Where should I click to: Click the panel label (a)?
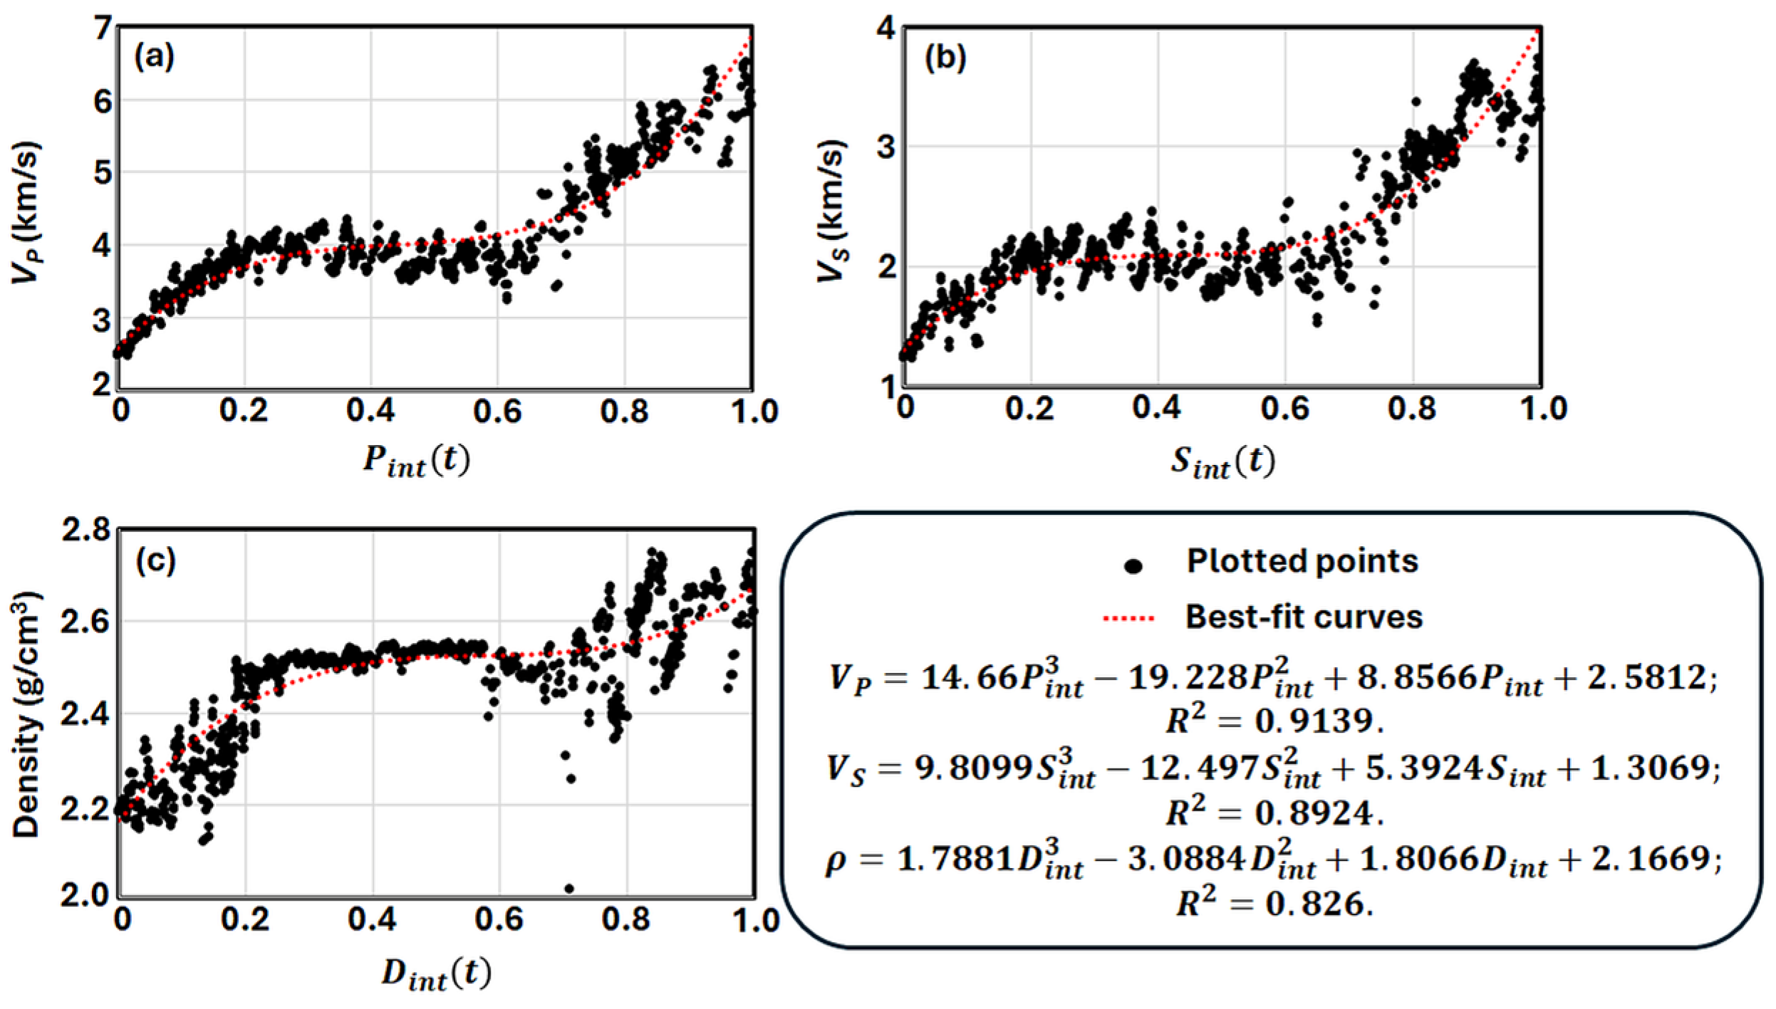[155, 56]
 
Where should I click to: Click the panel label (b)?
[945, 57]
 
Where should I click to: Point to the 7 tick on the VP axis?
[103, 28]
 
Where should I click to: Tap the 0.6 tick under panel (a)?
[497, 412]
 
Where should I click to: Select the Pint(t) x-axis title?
[417, 461]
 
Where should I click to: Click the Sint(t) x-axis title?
[1222, 461]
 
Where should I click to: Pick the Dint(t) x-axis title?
[436, 973]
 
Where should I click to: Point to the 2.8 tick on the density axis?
[86, 530]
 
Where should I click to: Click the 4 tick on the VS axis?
[886, 28]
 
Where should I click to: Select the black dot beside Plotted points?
[1133, 566]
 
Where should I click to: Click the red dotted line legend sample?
[1128, 618]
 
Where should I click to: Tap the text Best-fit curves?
[1304, 617]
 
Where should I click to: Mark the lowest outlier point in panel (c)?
[568, 888]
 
